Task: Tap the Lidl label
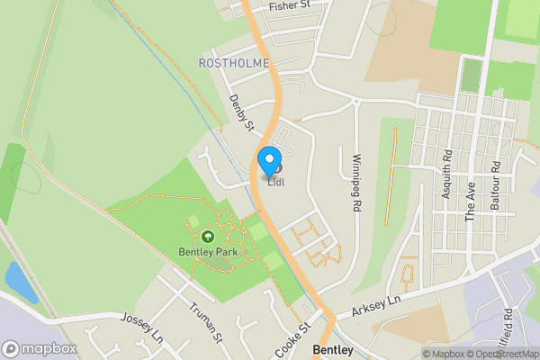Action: (276, 183)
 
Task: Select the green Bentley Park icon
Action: (209, 237)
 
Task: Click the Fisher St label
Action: (289, 5)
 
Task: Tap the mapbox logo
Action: (40, 348)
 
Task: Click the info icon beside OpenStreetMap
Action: (534, 354)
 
